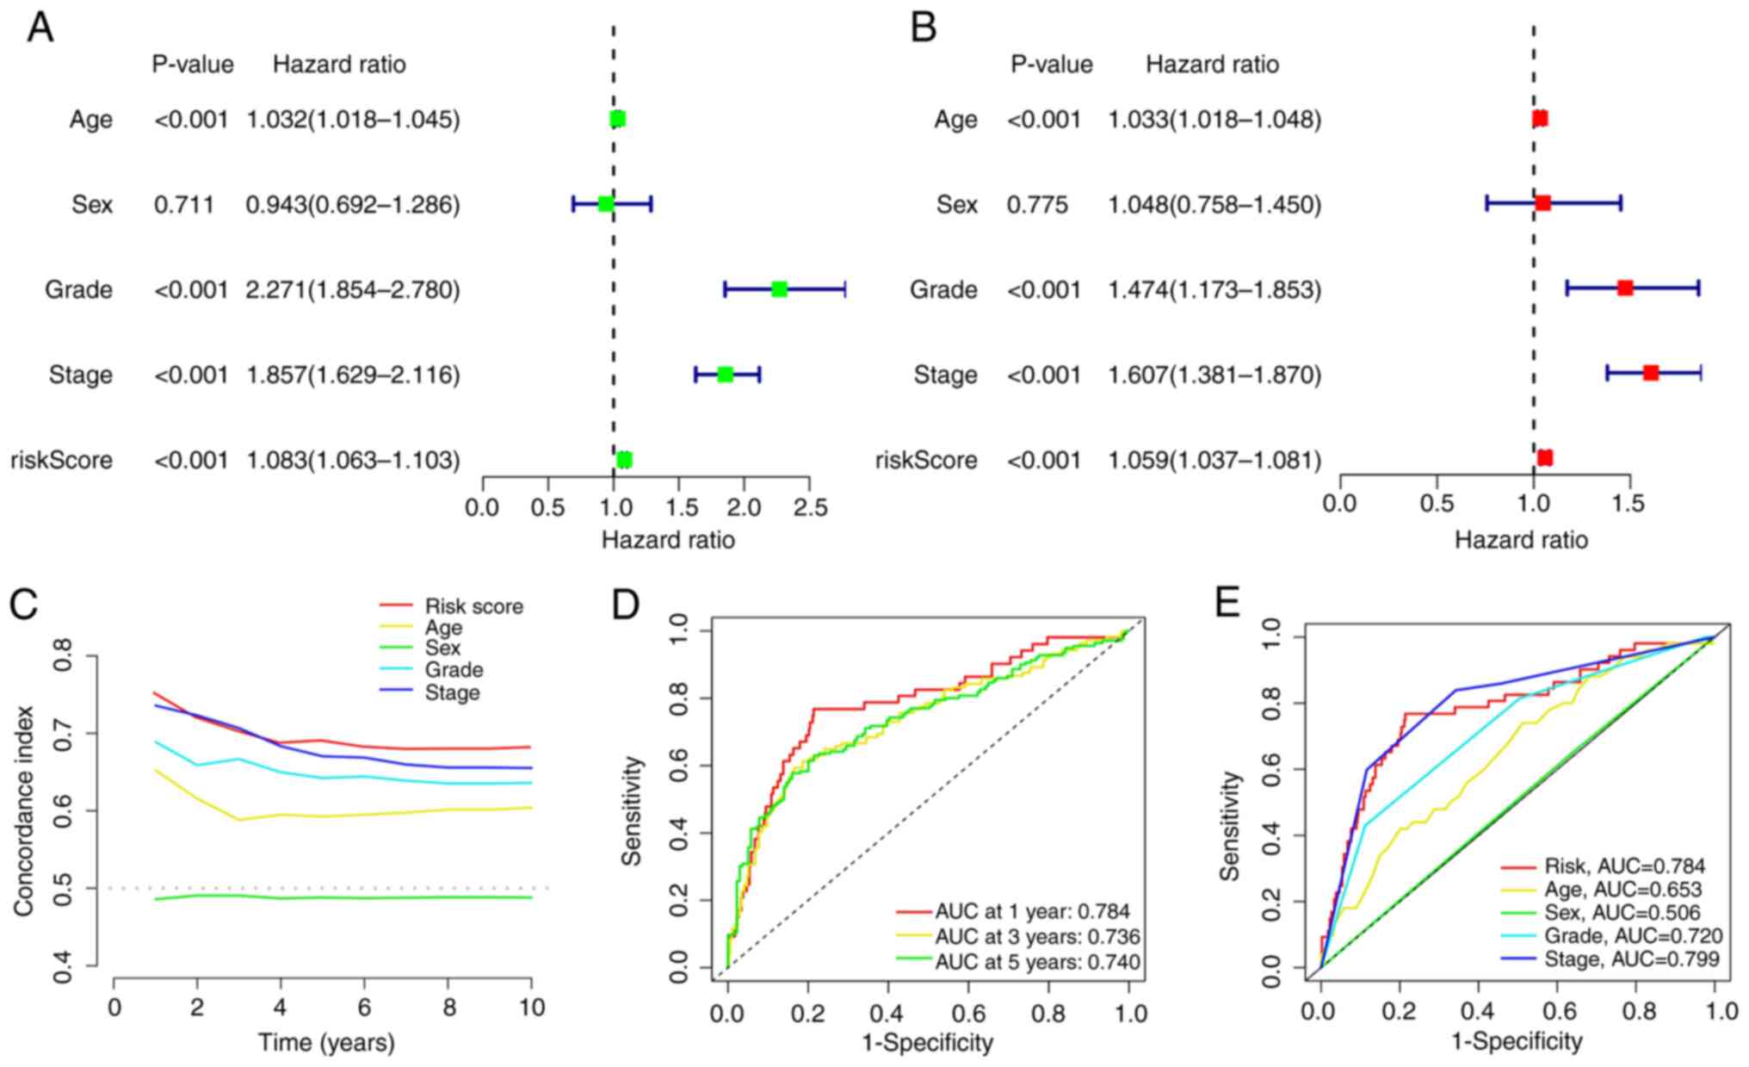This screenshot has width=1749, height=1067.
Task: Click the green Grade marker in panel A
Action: (779, 289)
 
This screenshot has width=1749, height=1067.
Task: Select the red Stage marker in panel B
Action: (1650, 373)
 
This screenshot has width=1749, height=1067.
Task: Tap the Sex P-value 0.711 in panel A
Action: (184, 205)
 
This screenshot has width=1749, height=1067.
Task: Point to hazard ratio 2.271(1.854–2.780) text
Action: (353, 289)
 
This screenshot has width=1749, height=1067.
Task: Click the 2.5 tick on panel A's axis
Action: (809, 507)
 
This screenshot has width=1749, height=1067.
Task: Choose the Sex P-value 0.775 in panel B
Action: (1037, 205)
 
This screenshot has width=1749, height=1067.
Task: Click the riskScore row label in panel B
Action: (926, 460)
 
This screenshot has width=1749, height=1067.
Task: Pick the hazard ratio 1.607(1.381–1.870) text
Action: (1214, 375)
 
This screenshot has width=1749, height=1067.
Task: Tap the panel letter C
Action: (23, 605)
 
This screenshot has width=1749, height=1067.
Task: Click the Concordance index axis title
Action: (23, 811)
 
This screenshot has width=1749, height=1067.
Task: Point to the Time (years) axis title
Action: (326, 1043)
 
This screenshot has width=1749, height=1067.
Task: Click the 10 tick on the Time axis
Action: (532, 1007)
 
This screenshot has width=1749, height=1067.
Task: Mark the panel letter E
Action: (1227, 605)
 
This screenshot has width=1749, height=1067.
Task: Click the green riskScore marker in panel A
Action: (624, 460)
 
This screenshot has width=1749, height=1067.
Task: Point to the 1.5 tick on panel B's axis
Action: (1629, 504)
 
